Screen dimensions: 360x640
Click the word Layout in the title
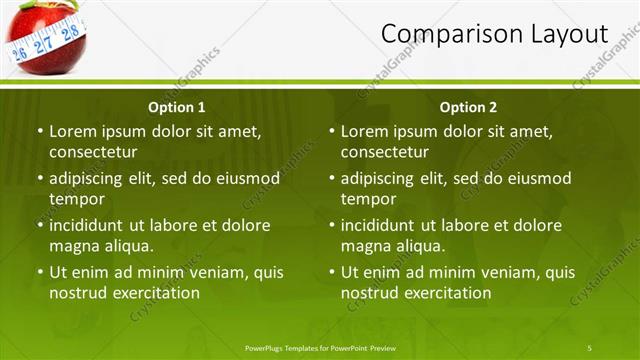tap(570, 34)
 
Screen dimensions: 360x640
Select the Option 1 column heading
tap(177, 107)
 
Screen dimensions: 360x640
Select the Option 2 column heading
tap(468, 107)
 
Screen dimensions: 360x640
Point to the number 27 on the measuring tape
tap(43, 44)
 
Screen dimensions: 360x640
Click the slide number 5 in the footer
tap(590, 347)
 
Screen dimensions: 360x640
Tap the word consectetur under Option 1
tap(93, 152)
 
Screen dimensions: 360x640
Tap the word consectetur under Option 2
tap(385, 152)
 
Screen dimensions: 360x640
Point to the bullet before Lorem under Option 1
tap(40, 131)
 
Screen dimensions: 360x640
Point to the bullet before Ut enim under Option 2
tap(332, 272)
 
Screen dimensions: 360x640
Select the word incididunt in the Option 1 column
tap(88, 225)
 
